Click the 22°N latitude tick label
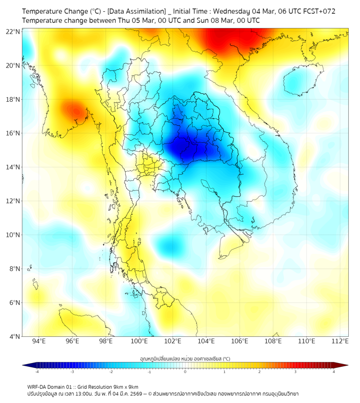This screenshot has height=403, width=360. coord(13,31)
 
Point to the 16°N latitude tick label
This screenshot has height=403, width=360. coord(13,133)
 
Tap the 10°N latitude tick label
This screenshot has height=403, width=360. coord(13,235)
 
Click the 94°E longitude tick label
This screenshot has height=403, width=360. coord(39,341)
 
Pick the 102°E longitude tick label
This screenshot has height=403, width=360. coord(173,341)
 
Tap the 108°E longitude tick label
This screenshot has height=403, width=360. coord(273,341)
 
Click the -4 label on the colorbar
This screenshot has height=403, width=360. coord(37,372)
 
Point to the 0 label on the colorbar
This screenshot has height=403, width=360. coord(185,372)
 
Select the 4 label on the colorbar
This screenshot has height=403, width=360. coord(333,372)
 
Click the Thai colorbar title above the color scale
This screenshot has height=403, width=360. coord(185,359)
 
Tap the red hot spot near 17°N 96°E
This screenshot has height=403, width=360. coord(73,110)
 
